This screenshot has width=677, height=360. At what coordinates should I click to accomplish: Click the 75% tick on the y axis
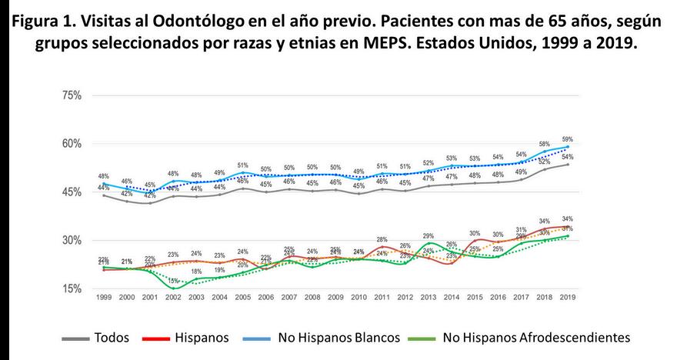point(71,95)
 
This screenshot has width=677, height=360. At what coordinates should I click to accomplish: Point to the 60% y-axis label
point(71,144)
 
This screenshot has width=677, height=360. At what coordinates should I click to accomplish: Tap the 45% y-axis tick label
point(71,192)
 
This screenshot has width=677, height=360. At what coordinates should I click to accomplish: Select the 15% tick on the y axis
point(71,288)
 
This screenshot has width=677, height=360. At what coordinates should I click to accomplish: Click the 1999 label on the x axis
point(103,297)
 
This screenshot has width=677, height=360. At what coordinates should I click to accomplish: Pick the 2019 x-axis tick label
point(568,297)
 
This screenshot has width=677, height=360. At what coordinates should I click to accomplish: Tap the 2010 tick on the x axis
point(359,297)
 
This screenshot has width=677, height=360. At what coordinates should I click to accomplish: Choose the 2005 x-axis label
point(242,297)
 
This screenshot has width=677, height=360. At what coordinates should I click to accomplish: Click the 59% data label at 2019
point(568,139)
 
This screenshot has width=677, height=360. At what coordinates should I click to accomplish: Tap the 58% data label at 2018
point(545,144)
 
